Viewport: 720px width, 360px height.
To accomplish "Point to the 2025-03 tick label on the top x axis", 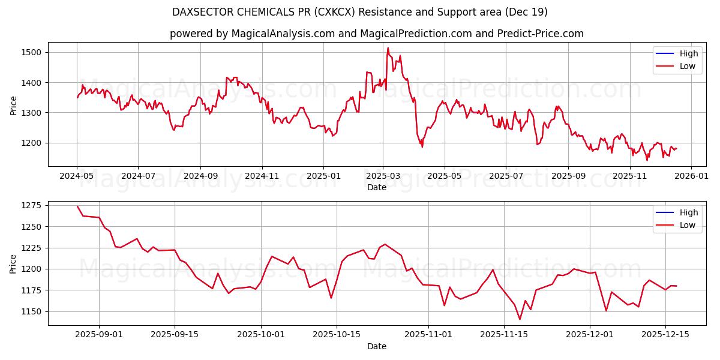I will point(383,176).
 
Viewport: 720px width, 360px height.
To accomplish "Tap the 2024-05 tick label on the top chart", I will point(77,176).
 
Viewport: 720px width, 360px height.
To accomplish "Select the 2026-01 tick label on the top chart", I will point(691,176).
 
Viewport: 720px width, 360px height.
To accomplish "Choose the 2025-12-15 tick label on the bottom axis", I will point(665,335).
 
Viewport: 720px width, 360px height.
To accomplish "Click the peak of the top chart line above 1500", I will point(388,48).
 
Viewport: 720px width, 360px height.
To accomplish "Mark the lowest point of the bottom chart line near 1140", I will point(520,319).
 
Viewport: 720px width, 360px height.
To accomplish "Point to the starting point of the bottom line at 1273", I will point(77,206).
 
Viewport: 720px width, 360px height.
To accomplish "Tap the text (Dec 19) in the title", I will point(527,12).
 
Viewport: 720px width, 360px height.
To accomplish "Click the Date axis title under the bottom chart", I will point(376,346).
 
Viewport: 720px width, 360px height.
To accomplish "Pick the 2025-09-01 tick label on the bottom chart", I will point(99,335).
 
